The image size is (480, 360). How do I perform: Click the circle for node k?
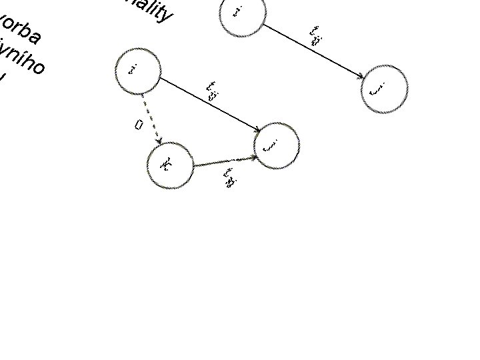tap(170, 165)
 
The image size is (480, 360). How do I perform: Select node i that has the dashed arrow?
tap(137, 71)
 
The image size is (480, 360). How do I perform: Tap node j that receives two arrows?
tap(277, 145)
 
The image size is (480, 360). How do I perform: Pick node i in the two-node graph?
tap(242, 13)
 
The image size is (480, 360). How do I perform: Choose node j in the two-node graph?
tap(384, 88)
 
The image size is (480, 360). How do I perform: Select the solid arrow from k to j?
tap(224, 161)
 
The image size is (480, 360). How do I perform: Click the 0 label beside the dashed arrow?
tap(139, 124)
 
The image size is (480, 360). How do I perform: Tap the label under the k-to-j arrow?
tap(231, 178)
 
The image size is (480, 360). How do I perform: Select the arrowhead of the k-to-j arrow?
tap(254, 157)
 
